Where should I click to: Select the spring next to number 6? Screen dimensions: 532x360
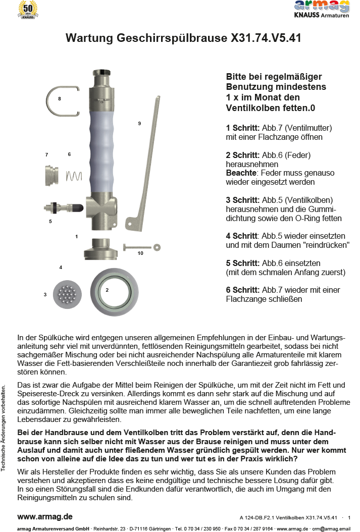74,176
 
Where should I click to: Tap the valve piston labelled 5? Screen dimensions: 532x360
63,207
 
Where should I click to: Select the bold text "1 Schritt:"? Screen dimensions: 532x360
243,128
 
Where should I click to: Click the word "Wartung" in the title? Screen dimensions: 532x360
89,38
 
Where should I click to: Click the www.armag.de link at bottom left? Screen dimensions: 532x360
45,517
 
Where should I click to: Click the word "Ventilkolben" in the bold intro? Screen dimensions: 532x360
251,108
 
